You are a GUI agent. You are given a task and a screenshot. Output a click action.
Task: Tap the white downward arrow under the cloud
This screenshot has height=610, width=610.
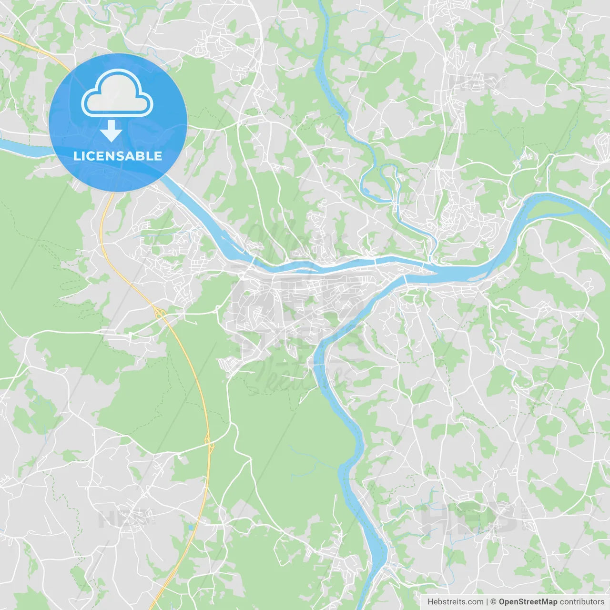tap(111, 131)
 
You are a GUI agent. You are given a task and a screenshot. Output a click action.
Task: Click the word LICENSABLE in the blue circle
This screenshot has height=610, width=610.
tap(118, 156)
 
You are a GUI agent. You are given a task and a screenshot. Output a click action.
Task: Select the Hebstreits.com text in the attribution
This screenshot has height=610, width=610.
tap(456, 602)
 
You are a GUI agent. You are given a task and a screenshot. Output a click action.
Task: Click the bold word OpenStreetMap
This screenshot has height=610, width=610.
tap(528, 602)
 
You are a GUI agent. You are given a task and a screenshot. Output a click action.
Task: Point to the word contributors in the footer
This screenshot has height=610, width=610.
tap(582, 602)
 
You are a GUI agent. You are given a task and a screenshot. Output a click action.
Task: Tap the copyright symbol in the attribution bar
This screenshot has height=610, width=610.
tap(494, 602)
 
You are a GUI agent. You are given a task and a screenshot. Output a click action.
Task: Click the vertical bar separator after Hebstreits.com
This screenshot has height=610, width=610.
tap(487, 602)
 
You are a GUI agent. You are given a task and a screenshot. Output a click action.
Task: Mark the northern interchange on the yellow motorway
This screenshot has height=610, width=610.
tap(159, 313)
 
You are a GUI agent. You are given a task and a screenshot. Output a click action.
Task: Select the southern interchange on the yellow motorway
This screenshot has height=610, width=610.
tap(210, 446)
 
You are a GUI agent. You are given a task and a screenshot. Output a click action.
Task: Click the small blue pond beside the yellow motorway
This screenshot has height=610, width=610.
tap(191, 528)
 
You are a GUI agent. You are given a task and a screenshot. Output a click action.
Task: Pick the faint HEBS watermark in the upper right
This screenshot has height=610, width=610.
tap(477, 82)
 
